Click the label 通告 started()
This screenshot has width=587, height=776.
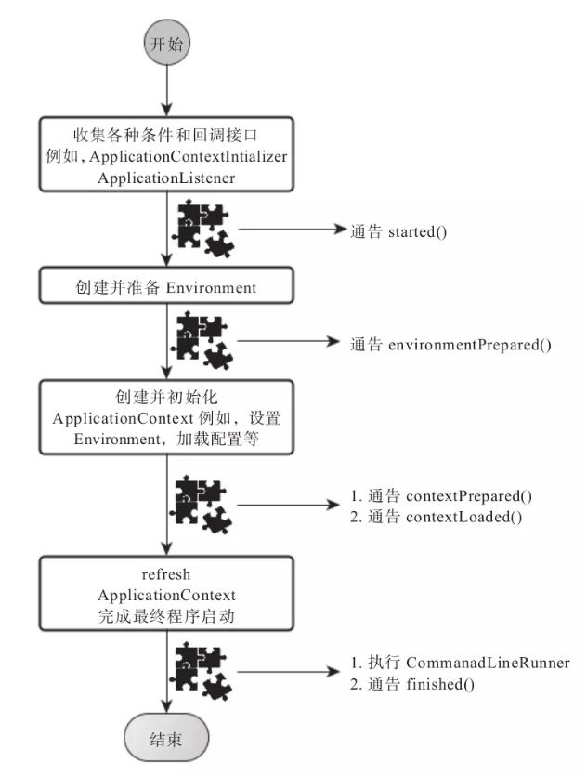point(399,230)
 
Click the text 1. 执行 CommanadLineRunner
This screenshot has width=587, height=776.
point(459,664)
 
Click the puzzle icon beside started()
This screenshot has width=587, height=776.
point(204,229)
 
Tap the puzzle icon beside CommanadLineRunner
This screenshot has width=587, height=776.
point(204,673)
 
